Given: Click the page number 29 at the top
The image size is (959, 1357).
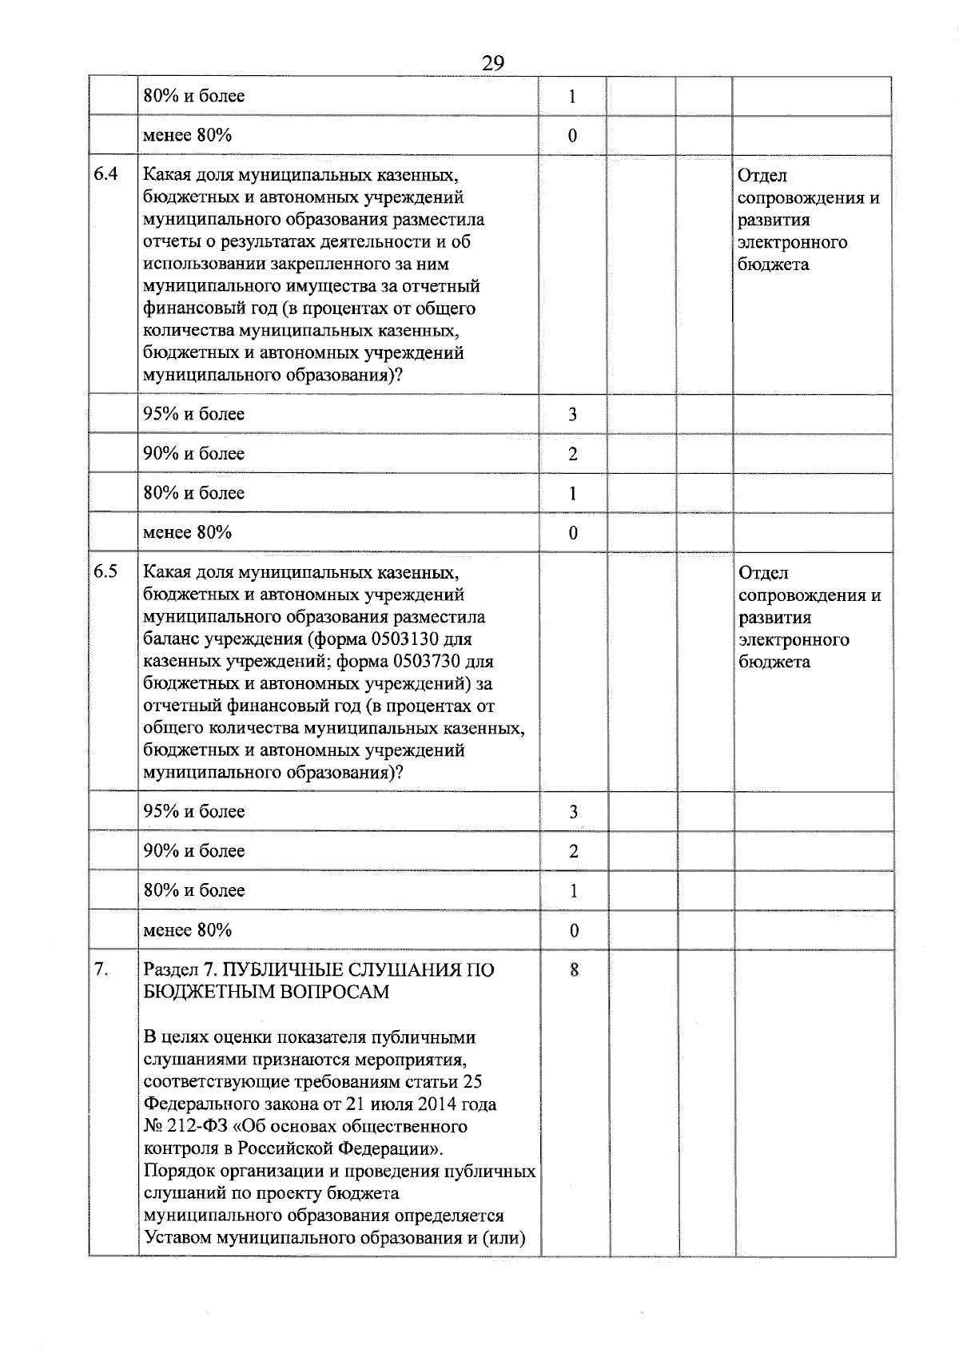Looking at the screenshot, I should pos(493,62).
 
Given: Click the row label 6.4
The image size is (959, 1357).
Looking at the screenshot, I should pos(105,174).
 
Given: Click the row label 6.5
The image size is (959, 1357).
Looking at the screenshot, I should pos(105,571).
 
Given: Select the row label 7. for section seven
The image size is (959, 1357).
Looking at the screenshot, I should pos(101,969).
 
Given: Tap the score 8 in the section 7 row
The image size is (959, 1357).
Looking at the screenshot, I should pos(573,970).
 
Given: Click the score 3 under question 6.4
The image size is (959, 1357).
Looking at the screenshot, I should pos(572,414).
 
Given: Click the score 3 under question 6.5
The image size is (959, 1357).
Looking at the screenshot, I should pos(573,812).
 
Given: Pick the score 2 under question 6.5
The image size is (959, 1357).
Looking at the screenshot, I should pos(573,851).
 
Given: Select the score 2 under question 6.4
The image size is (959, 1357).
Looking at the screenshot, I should pos(572,454).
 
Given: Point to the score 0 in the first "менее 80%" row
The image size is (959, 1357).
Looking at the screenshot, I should pos(572,136).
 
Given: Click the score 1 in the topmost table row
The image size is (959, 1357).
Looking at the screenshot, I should pos(572,97).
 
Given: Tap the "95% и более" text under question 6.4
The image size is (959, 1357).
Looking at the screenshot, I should pos(193,414).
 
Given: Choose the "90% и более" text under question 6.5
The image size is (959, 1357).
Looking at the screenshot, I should pos(193,850).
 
